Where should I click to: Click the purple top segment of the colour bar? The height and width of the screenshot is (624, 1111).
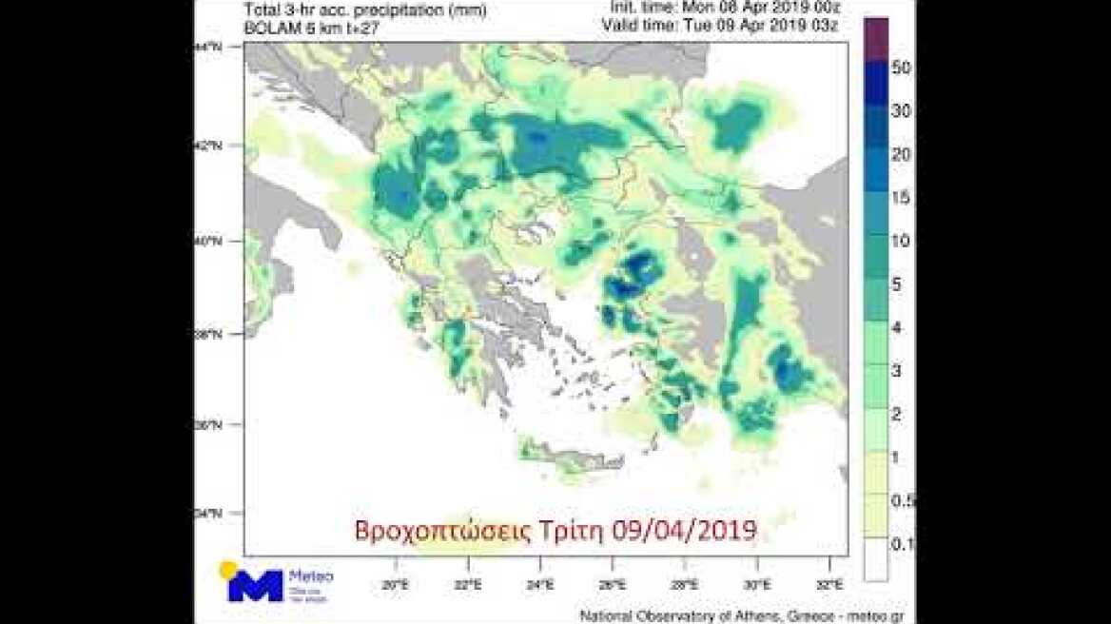pyautogui.click(x=876, y=35)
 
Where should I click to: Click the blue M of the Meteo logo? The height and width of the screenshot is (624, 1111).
pyautogui.click(x=255, y=585)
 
